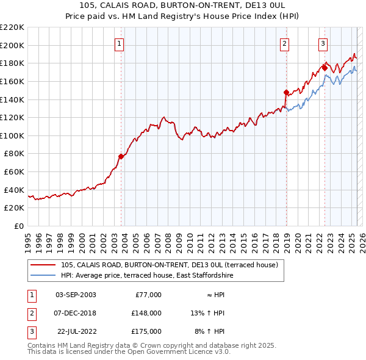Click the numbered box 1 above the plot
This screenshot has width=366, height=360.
click(x=119, y=43)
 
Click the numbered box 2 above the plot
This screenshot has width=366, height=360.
click(x=284, y=43)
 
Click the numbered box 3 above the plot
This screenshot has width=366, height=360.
click(x=323, y=43)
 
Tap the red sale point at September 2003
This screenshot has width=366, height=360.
click(x=121, y=156)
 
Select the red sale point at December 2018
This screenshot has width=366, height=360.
click(x=286, y=92)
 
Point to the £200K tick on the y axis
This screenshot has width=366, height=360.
click(x=12, y=45)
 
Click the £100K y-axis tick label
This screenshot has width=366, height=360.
click(x=12, y=135)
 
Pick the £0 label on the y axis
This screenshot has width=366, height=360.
click(x=19, y=226)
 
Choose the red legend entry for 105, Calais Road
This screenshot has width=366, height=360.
click(x=169, y=265)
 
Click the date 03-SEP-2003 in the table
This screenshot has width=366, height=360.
click(x=76, y=295)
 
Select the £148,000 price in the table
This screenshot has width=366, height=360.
click(x=146, y=313)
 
